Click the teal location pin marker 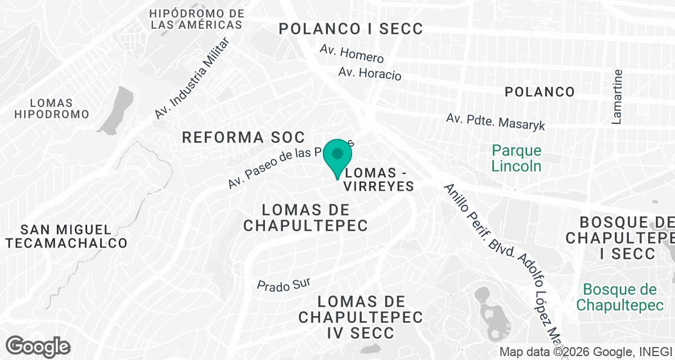(x=337, y=155)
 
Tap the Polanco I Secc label (x=351, y=29)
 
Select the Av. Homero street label (x=352, y=54)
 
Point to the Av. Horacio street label (x=370, y=73)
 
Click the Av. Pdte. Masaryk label (x=496, y=123)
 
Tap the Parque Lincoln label (x=516, y=158)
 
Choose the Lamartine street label (x=618, y=96)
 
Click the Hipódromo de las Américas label (x=197, y=19)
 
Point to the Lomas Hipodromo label (x=52, y=109)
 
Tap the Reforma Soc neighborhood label (x=243, y=137)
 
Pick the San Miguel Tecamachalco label (x=66, y=236)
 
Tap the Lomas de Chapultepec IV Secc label (x=361, y=317)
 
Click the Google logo (x=38, y=346)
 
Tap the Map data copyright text (x=585, y=352)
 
